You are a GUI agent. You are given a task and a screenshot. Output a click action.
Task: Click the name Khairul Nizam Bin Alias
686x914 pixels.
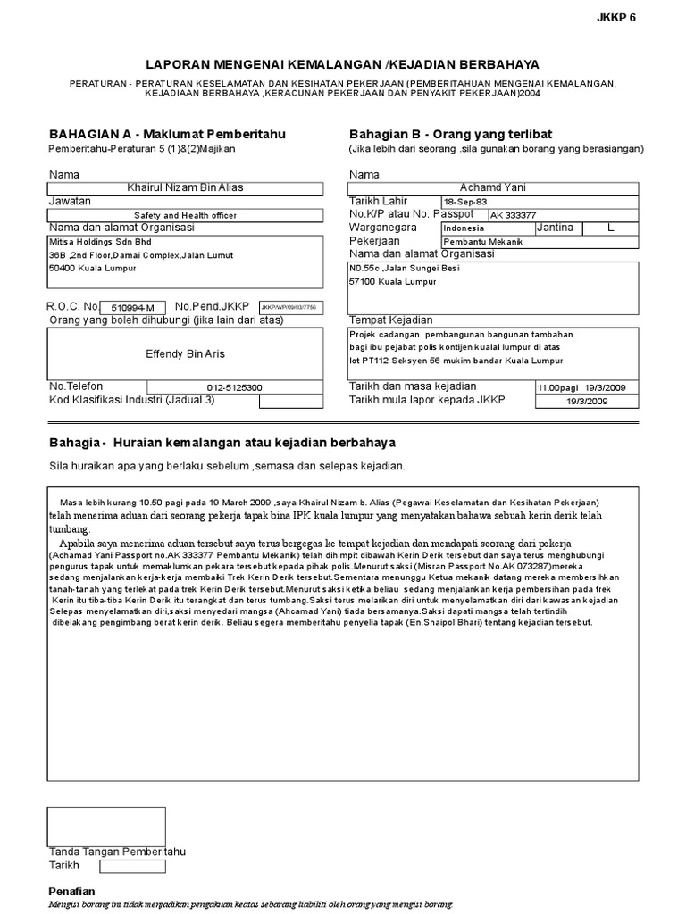[x=186, y=187]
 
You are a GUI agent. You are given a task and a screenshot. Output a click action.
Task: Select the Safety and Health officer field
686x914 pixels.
[x=186, y=215]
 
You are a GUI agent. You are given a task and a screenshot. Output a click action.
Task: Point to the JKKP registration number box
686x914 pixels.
[x=289, y=307]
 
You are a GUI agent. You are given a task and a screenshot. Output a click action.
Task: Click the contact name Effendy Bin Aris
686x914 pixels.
[x=186, y=354]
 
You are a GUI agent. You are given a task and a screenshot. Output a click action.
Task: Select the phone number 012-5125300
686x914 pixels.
[x=235, y=387]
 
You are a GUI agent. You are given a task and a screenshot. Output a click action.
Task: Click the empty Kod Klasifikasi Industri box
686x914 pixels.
[x=291, y=401]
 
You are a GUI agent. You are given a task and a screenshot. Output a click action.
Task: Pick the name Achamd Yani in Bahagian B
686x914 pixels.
[x=493, y=188]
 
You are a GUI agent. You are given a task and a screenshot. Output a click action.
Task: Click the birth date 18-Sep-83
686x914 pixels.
[x=465, y=202]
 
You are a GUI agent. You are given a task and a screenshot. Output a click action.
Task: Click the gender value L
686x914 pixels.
[x=611, y=228]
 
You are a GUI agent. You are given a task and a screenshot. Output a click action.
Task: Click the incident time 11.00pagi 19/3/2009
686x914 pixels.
[x=586, y=387]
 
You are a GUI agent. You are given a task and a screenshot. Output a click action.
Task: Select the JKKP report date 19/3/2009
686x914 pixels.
[x=586, y=402]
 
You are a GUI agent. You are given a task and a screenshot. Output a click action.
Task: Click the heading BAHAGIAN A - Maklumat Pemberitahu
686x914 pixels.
[x=167, y=134]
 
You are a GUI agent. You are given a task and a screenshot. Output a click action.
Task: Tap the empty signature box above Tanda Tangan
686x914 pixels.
[x=94, y=825]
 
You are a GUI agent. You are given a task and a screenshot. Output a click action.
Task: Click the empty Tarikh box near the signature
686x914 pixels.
[x=132, y=866]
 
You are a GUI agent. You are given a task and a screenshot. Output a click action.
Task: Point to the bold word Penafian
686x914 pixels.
[x=71, y=892]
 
